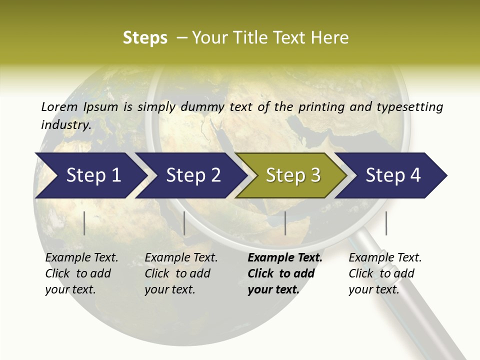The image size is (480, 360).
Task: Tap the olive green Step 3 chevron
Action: pos(292,175)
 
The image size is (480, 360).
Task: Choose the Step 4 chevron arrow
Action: pos(392,175)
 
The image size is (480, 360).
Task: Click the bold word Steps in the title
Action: pos(145,37)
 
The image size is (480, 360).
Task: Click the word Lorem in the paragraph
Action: pos(59,106)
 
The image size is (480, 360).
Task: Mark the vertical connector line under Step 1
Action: pos(84,223)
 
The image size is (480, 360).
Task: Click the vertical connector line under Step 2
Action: pos(184,223)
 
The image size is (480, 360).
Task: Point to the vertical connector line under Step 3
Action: pos(285,223)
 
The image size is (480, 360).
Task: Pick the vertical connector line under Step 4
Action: pos(386,223)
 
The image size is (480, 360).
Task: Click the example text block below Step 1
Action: pos(81,273)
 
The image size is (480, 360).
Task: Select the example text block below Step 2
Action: pos(180,273)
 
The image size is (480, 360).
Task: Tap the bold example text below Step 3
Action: pos(284,273)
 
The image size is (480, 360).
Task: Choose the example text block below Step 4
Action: pos(384,273)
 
